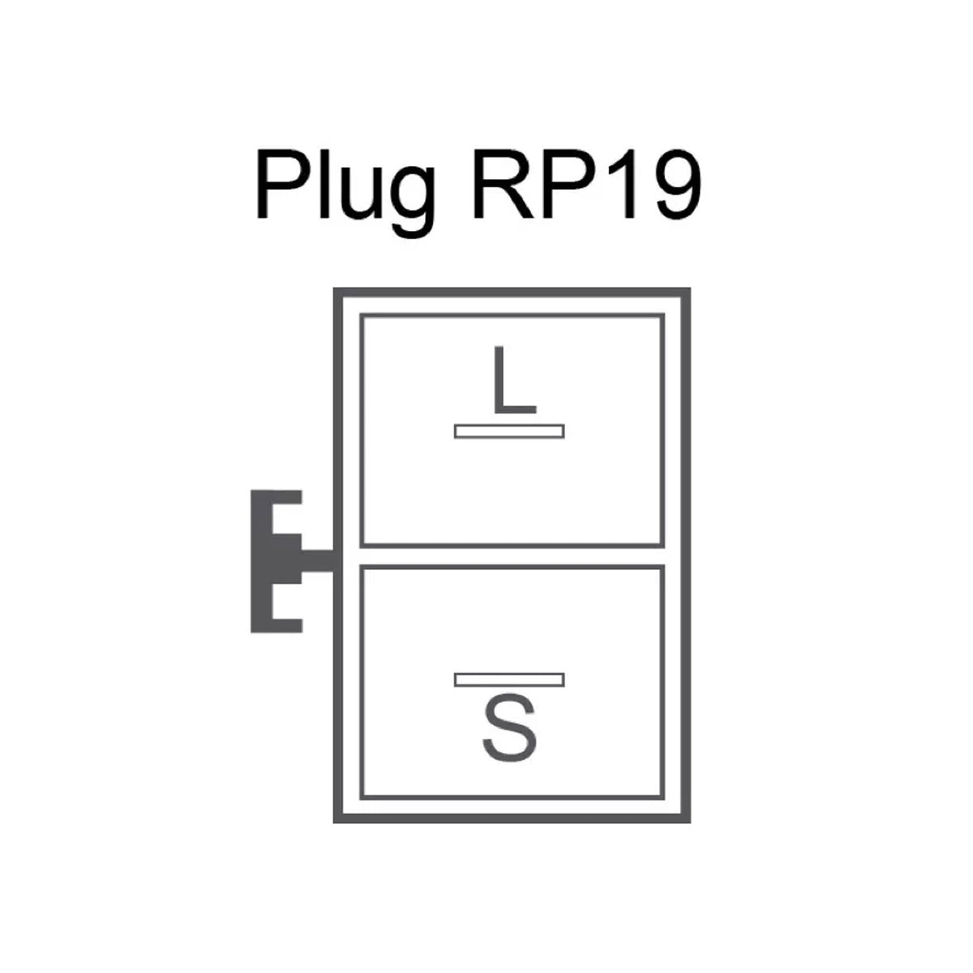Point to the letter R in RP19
coord(504,184)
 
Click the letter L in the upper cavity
coord(514,379)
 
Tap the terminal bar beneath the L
coord(509,431)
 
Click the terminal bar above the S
coord(509,679)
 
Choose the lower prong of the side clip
coord(287,625)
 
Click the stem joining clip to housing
coord(317,561)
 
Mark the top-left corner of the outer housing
coord(334,289)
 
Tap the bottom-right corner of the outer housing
coord(690,822)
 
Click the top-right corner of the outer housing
coord(690,289)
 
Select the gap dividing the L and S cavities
coord(512,556)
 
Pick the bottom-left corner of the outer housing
coord(334,822)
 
